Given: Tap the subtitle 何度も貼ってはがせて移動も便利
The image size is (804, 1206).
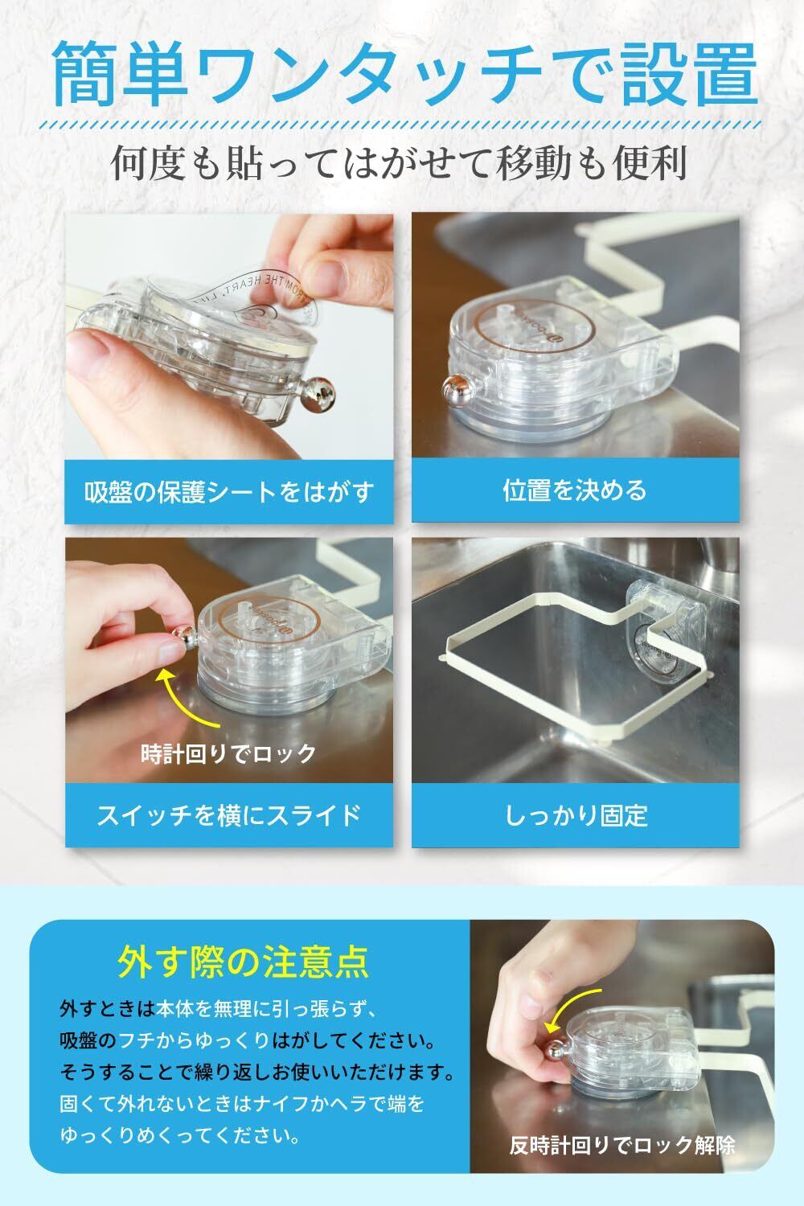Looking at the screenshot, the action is coord(399,162).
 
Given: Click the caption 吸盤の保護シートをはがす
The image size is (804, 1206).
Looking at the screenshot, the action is coord(229,491).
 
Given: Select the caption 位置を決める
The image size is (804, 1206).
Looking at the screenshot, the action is coord(575,490).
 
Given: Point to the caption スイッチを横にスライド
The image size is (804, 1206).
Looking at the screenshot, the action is coord(229,814).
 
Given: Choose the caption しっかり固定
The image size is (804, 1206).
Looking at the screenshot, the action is coord(576,815).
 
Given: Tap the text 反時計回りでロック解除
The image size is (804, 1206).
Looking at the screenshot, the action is coord(622,1145).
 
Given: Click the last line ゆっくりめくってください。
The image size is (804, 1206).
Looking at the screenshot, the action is coord(180,1136).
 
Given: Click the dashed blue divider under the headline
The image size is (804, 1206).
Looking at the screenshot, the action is coord(402,125).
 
